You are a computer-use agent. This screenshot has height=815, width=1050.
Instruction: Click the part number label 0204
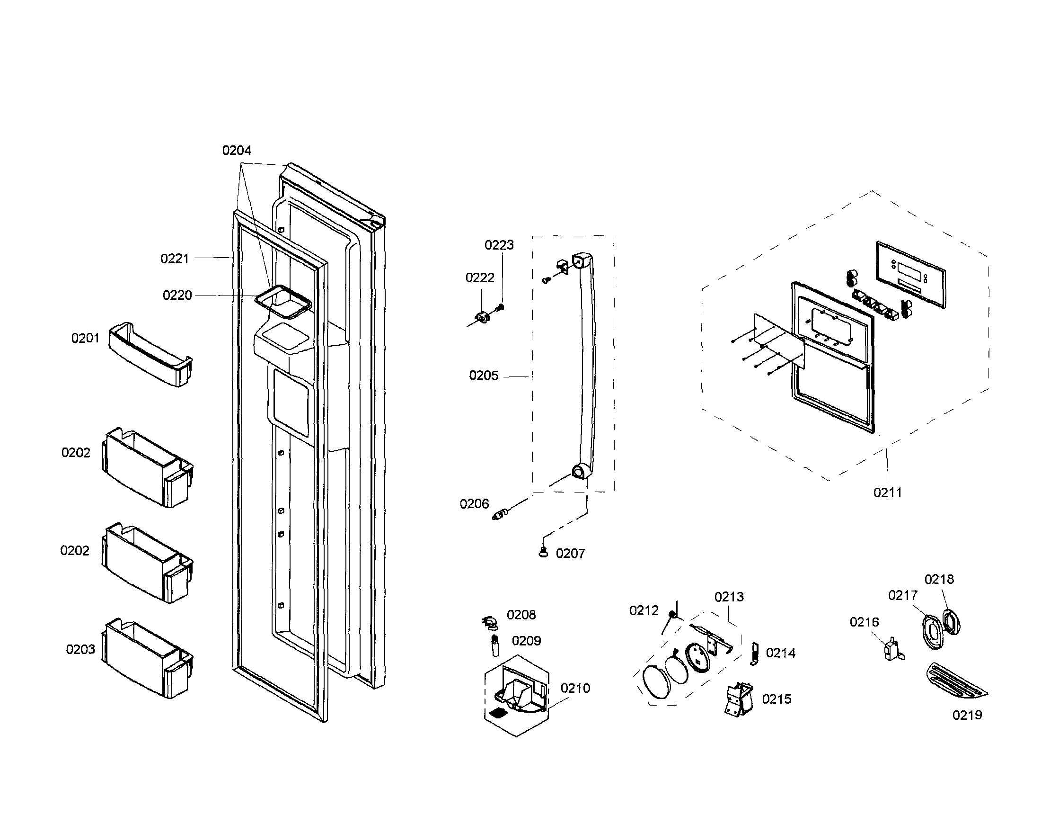237,151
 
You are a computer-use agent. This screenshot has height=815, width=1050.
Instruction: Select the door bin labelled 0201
150,355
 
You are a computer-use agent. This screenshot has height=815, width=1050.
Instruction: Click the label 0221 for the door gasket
175,259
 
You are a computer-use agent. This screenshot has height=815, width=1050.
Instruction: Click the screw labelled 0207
544,552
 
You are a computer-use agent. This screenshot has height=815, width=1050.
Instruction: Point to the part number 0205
484,376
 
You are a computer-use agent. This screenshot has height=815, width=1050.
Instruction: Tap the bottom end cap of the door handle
580,472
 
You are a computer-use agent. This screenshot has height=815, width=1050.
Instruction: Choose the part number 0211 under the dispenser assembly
888,493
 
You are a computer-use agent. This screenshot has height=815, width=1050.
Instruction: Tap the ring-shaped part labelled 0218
952,621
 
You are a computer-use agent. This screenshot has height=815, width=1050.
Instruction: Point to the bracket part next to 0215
739,698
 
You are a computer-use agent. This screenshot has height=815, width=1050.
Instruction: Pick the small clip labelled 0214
754,654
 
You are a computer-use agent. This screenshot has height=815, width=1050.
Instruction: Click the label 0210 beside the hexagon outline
575,689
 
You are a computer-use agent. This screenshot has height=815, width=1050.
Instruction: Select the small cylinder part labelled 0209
494,644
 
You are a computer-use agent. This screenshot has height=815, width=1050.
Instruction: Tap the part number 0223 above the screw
499,245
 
